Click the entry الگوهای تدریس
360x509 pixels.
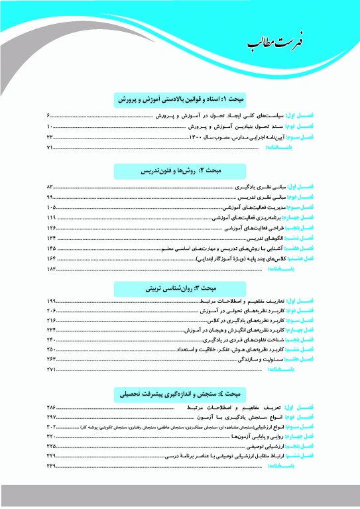tap(263, 238)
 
